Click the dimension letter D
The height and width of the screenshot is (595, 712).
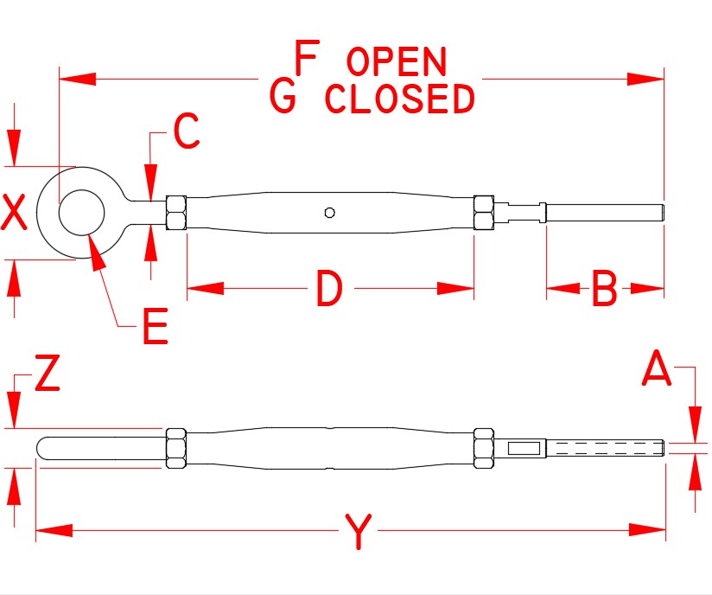coord(329,290)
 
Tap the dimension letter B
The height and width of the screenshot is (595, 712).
coord(604,290)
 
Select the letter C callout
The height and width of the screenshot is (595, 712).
coord(186,131)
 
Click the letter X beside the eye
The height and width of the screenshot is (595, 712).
coord(15,213)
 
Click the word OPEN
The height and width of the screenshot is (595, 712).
coord(396,63)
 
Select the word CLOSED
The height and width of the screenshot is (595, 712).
coord(400,99)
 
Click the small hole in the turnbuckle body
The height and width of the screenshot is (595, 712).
coord(329,212)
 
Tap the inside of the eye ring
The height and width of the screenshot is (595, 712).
coord(82,212)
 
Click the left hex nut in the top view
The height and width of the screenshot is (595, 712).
coord(175,213)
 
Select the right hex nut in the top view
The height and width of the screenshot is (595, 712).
coord(484,213)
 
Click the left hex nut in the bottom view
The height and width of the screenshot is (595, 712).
coord(175,448)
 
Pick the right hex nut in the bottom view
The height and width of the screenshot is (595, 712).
coord(484,448)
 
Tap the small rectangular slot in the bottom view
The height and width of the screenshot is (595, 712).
coord(525,448)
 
